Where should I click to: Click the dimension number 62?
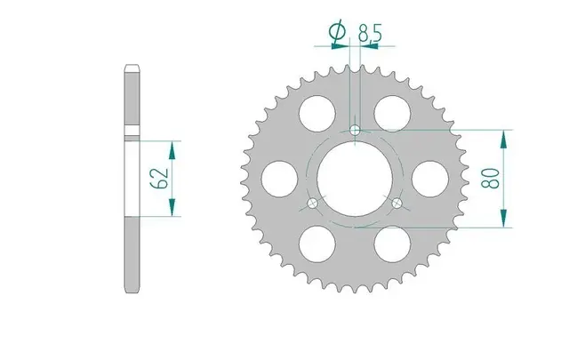point(160,178)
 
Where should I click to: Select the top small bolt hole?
point(356,131)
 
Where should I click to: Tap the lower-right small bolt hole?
point(397,204)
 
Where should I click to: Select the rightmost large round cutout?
point(429,177)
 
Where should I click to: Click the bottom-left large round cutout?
point(317,242)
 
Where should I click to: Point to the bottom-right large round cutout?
point(391,242)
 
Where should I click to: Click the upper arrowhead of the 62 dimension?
point(172,147)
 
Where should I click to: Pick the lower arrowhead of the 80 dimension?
point(504,220)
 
